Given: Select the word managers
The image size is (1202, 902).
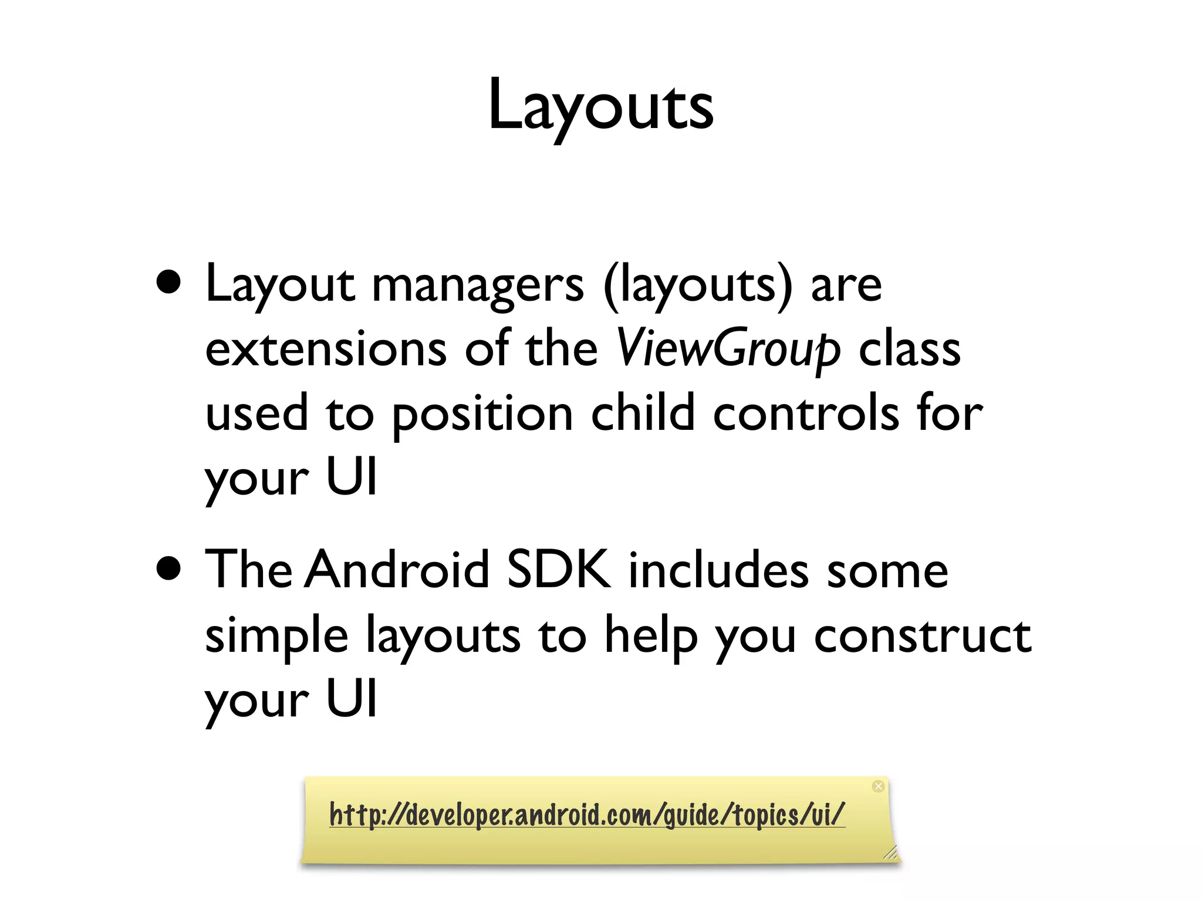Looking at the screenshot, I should click(x=478, y=285).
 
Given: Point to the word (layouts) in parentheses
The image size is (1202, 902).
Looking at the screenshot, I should click(x=698, y=285).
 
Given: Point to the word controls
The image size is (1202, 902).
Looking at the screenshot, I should click(x=806, y=413).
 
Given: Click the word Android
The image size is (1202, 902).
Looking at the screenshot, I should click(x=397, y=569).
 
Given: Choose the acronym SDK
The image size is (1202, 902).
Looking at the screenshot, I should click(x=559, y=569).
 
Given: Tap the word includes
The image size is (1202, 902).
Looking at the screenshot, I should click(x=718, y=569).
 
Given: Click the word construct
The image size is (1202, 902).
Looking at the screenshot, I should click(x=922, y=635).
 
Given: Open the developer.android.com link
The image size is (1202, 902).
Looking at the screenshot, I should click(x=587, y=815).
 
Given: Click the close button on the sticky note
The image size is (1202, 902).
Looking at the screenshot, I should click(x=878, y=786).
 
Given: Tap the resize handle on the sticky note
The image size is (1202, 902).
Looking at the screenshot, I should click(x=890, y=852).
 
